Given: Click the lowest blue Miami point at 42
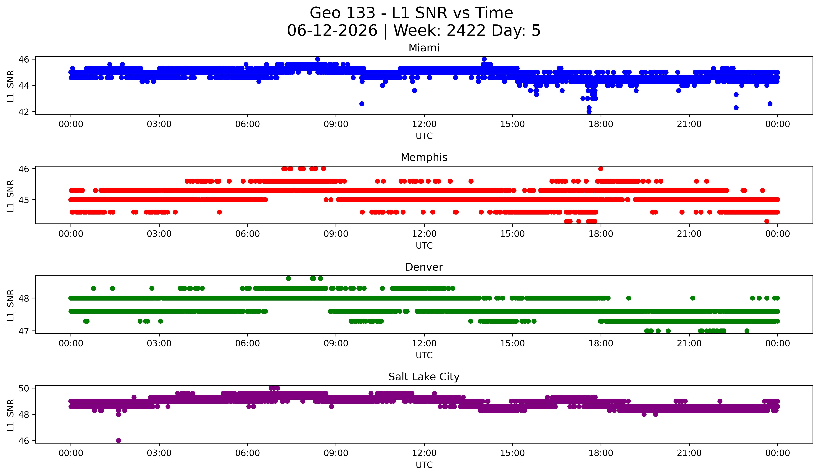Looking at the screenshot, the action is (589, 112).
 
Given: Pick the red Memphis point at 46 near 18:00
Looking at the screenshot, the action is (601, 169).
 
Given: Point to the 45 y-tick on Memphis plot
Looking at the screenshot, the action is (24, 200).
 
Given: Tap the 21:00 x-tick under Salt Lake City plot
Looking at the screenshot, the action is (689, 453).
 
